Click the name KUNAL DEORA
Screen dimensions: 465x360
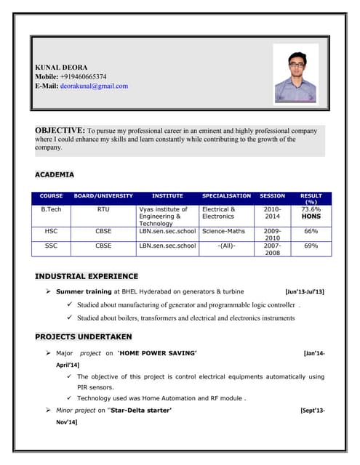(61, 67)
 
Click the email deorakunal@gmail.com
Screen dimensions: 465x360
(94, 86)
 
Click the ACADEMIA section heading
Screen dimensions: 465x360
(55, 175)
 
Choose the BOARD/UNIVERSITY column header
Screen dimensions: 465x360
(103, 196)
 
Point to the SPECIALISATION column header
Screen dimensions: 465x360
(226, 196)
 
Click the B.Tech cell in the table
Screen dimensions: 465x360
(51, 209)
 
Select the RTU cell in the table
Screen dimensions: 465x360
(103, 209)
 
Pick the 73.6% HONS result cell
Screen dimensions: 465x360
(311, 213)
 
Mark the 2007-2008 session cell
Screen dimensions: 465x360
(272, 249)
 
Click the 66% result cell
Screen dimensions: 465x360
(311, 231)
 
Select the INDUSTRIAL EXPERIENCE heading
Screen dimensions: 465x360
(86, 276)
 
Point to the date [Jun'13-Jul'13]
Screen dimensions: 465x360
(305, 291)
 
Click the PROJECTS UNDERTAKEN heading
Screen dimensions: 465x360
(84, 336)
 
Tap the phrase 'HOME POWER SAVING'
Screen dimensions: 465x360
(158, 353)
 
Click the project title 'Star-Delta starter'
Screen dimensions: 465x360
(140, 411)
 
